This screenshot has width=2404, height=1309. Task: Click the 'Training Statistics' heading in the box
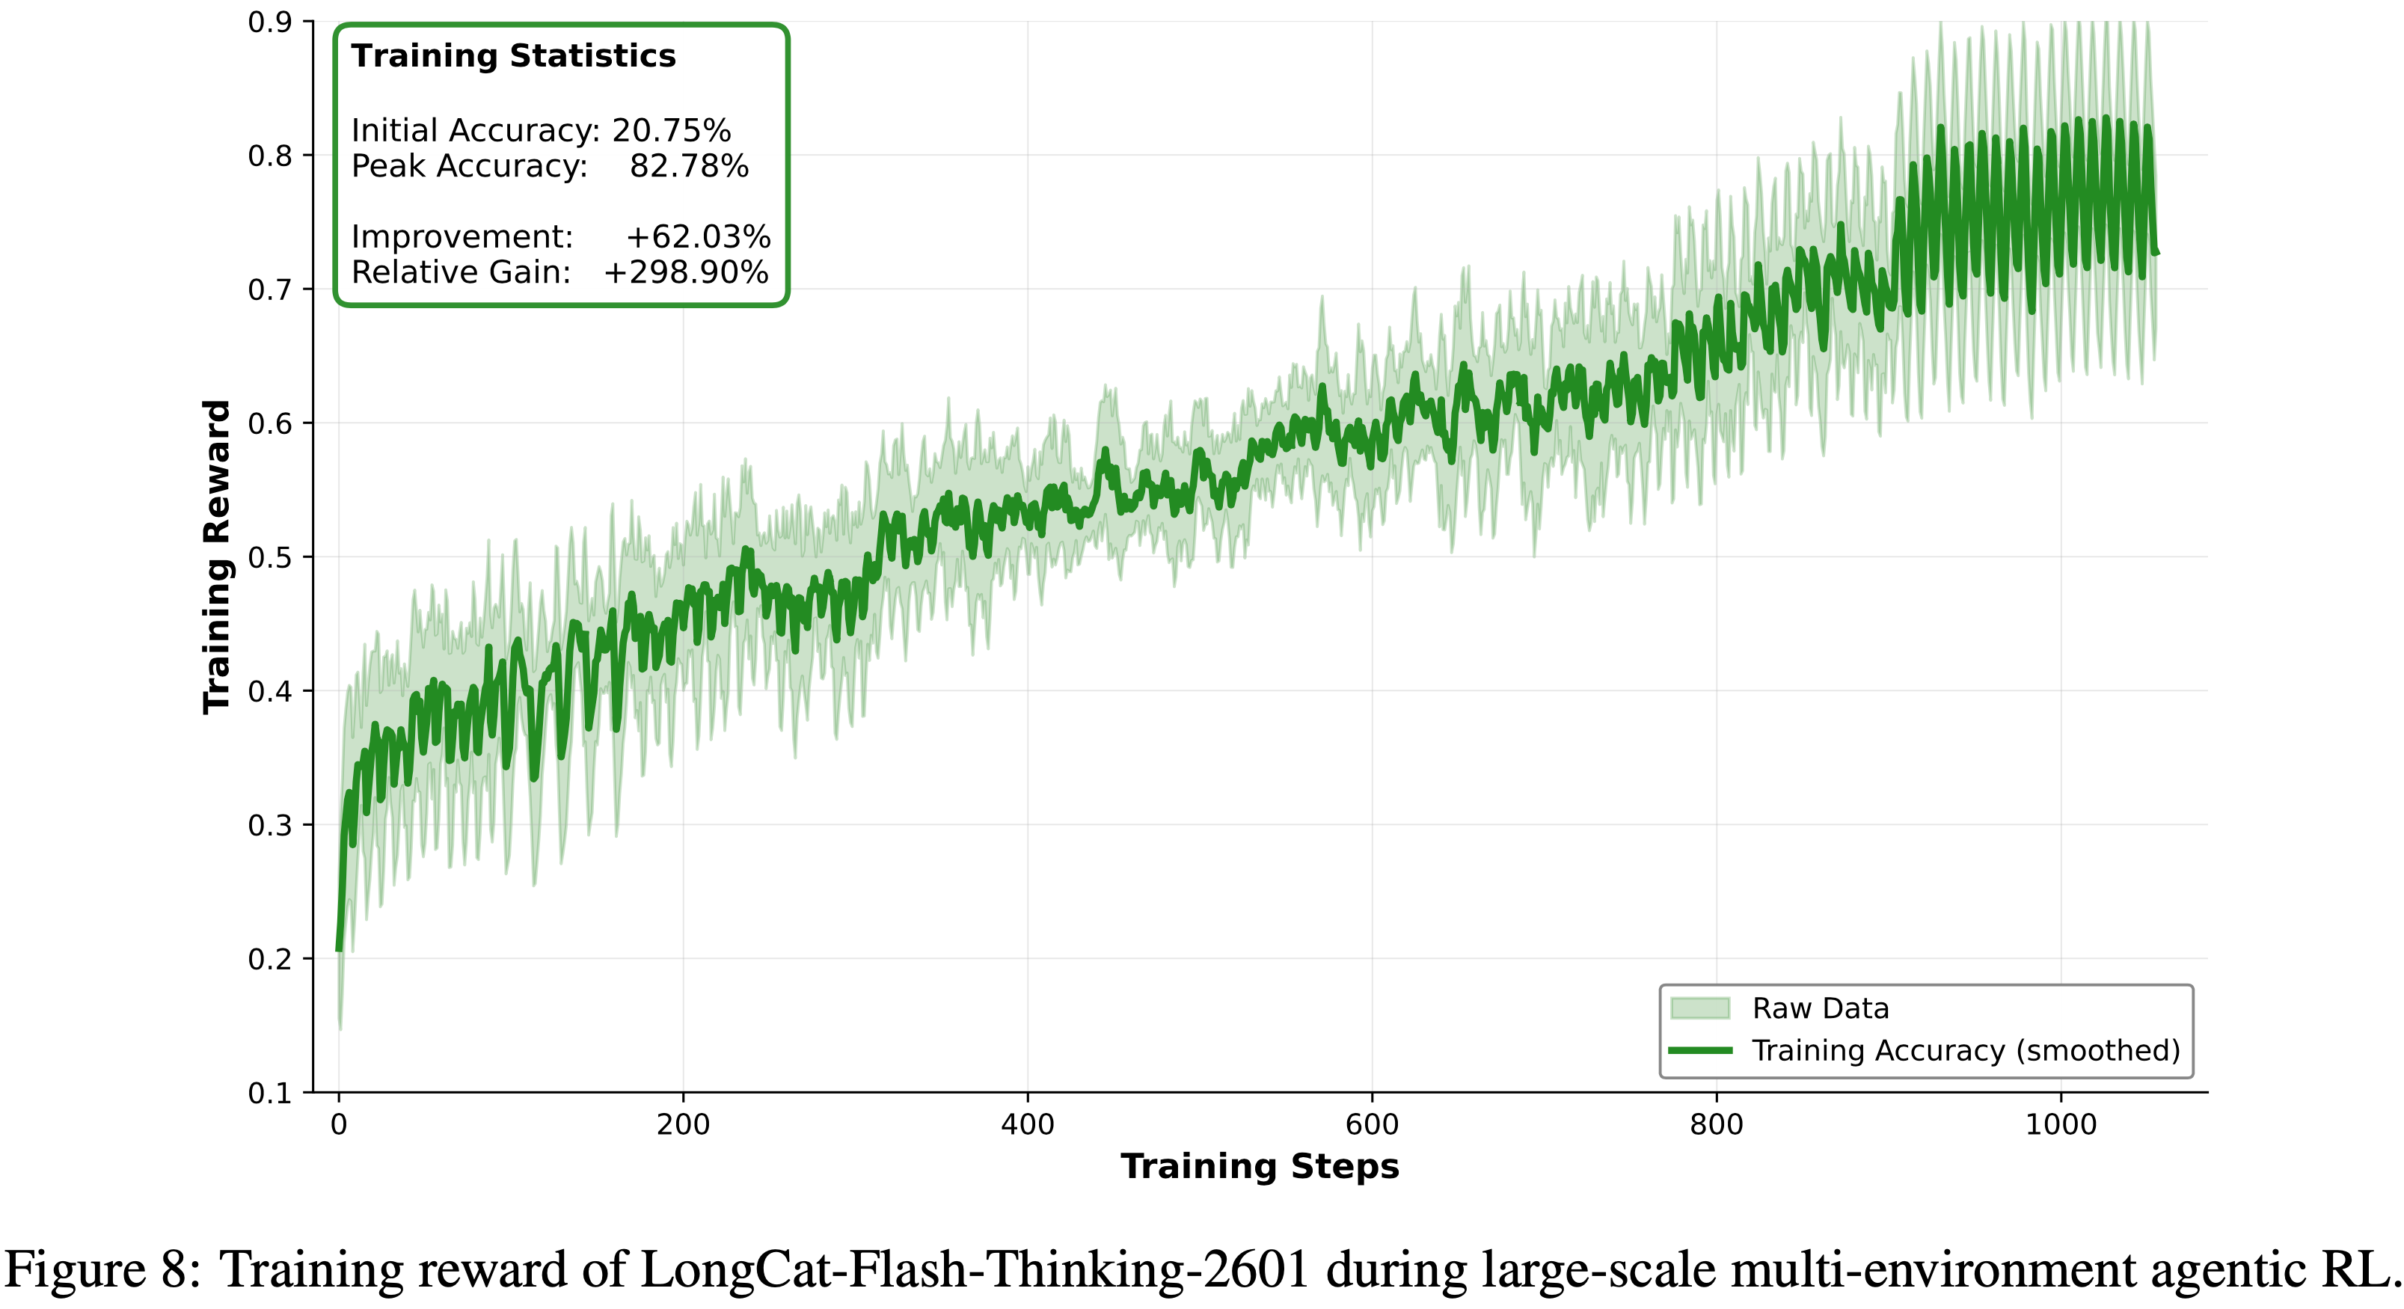point(513,56)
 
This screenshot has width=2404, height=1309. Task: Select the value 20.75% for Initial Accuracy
point(671,131)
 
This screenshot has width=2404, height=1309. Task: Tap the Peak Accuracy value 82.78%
point(689,166)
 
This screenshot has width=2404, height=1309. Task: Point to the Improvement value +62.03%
point(698,237)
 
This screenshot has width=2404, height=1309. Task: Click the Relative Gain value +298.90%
point(686,272)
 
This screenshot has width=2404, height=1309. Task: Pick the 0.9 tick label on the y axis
point(270,22)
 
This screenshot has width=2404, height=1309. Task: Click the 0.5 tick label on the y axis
point(270,558)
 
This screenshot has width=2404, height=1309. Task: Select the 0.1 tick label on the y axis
point(270,1093)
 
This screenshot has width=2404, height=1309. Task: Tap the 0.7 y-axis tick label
point(270,290)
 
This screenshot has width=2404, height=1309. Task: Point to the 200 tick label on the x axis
point(683,1124)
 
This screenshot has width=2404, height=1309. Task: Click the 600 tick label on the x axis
point(1372,1124)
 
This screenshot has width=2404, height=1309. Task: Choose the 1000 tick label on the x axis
point(2061,1124)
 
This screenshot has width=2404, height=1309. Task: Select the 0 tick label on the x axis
point(339,1124)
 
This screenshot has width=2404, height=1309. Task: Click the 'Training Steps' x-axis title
point(1260,1166)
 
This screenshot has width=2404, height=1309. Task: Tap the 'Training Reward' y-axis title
point(216,557)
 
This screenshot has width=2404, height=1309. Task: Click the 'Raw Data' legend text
point(1820,1008)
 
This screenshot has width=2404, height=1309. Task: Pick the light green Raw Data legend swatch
point(1699,1008)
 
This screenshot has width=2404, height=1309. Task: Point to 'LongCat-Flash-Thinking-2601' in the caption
point(975,1271)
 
